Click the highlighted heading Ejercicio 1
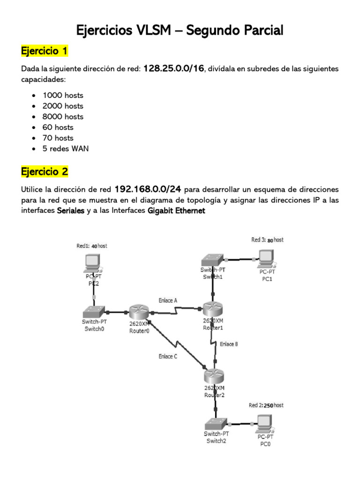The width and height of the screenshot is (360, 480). coord(45,50)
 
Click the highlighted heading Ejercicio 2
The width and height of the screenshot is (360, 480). coord(45,172)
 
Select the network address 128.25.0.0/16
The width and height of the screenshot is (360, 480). coord(173,68)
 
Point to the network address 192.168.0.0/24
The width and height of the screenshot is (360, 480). coord(148,190)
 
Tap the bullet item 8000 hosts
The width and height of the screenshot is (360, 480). coord(63,117)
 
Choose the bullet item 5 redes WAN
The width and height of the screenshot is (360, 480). coord(66,149)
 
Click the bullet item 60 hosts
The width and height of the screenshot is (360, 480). coord(58,127)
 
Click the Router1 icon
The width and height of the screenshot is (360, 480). coord(212,309)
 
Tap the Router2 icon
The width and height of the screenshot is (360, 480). coord(214,376)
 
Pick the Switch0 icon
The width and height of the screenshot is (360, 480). coord(94,312)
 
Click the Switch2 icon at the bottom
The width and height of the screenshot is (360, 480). coord(216,424)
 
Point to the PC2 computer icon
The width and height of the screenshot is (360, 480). coord(91,262)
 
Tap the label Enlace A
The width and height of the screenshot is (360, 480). coord(168,300)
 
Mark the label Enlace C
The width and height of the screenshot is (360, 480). coord(167,357)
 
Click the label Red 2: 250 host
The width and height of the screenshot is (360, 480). coord(266,405)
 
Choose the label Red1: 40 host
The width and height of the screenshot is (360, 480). coord(91,246)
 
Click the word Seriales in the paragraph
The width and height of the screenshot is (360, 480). coord(70,211)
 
